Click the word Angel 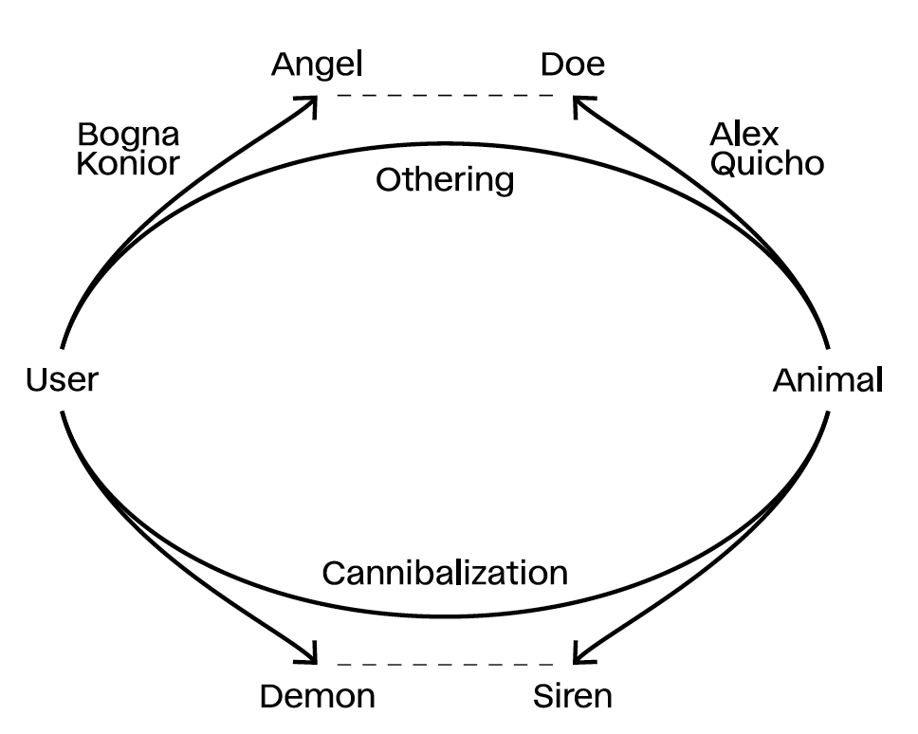(317, 64)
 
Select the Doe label (573, 64)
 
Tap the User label (62, 380)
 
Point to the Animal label (828, 380)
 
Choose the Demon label (318, 697)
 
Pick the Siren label (573, 697)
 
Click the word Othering (445, 180)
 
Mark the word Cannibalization (445, 573)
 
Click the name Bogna (128, 136)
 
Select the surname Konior (128, 163)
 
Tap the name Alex (744, 135)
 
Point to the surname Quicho (767, 163)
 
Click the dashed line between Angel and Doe (445, 96)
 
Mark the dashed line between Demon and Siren (445, 664)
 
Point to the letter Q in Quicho (724, 164)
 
